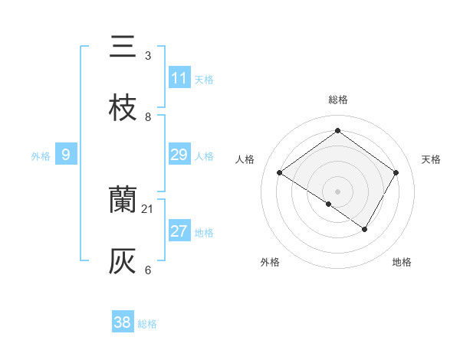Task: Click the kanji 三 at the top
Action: (123, 47)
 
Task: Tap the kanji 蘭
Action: (123, 201)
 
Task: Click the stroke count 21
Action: (148, 208)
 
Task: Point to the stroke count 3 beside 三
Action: (148, 55)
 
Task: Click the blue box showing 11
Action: (179, 78)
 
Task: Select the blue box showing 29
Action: (179, 155)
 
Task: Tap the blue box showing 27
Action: (179, 231)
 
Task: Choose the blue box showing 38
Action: (123, 322)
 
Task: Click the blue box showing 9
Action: (66, 155)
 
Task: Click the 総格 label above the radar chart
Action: (338, 100)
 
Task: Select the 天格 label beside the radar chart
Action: (431, 159)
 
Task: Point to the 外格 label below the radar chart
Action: (270, 262)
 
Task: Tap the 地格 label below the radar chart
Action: (402, 262)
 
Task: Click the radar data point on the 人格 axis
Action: (280, 173)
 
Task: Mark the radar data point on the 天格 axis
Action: (396, 173)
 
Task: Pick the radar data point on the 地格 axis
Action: (365, 229)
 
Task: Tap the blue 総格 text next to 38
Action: (147, 323)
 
